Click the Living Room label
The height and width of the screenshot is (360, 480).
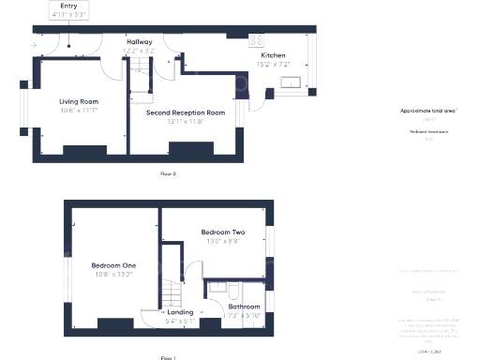[x=80, y=101]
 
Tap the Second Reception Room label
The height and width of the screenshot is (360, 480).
[x=186, y=112]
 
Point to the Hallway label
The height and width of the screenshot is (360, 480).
[x=141, y=42]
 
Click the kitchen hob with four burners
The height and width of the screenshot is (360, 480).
[x=256, y=40]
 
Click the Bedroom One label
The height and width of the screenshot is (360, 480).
[x=112, y=265]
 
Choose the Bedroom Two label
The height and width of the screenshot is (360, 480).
[x=223, y=232]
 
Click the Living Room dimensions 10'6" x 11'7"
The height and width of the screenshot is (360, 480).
[x=80, y=111]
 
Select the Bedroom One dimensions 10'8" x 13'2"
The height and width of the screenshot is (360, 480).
[x=112, y=275]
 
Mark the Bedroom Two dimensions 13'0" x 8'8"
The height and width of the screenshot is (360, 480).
[x=223, y=241]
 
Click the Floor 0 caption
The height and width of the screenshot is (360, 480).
[x=168, y=173]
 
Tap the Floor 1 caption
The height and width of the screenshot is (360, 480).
[x=168, y=357]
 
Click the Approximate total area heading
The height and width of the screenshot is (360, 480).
[x=427, y=111]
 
